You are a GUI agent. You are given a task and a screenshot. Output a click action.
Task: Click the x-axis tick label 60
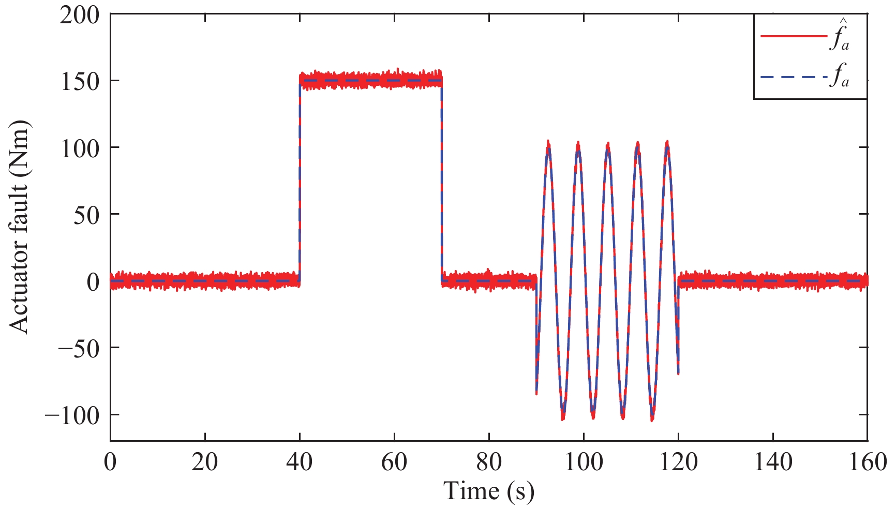(x=394, y=462)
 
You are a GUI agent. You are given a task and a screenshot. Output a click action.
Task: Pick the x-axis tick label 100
(x=584, y=462)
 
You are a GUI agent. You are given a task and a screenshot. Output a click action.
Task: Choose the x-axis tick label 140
(x=773, y=462)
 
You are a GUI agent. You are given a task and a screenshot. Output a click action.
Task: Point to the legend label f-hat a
(x=839, y=38)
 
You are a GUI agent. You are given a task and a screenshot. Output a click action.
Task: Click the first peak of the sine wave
(x=548, y=145)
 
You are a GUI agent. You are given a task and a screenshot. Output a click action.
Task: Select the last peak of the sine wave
(x=667, y=145)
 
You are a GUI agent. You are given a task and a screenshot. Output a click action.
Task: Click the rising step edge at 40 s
(x=300, y=181)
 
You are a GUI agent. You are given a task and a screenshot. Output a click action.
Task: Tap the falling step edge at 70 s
(x=441, y=181)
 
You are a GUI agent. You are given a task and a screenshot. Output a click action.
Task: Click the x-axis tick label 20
(x=205, y=462)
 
